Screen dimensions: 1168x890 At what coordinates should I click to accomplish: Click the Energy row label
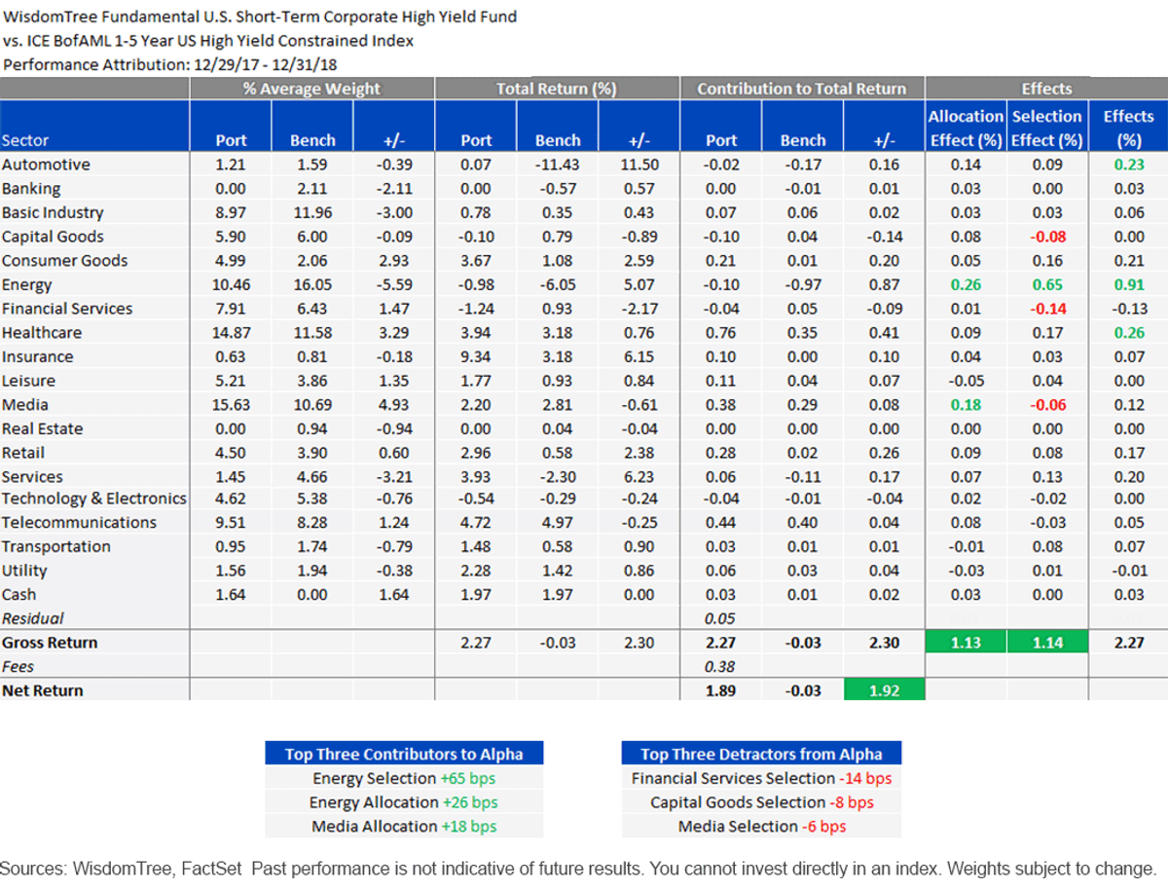26,284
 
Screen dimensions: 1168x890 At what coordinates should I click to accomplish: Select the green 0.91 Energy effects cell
1129,284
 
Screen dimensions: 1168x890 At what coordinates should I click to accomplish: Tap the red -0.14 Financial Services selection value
1047,309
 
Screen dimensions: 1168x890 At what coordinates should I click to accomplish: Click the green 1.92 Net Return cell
885,690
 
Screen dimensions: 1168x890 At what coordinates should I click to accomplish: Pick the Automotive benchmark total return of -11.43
557,165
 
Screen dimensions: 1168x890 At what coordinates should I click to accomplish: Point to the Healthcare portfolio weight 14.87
231,333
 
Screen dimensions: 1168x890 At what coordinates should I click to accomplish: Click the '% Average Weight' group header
311,89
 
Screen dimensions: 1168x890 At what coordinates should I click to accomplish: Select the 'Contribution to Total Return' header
802,89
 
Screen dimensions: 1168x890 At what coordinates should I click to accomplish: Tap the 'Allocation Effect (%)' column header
966,129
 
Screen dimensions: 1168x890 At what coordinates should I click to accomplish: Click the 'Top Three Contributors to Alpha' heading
404,754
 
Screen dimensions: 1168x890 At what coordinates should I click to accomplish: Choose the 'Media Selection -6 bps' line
762,826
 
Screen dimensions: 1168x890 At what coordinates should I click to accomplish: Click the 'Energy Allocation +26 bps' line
404,802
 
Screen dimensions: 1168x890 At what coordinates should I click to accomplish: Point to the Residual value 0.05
720,618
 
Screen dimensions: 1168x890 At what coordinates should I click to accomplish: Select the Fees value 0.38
720,666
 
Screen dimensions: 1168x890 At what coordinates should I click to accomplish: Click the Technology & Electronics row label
94,499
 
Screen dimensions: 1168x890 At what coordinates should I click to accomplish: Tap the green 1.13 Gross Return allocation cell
966,643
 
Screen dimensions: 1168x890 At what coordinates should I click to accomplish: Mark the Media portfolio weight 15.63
231,404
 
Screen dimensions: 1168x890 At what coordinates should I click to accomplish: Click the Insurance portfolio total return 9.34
475,356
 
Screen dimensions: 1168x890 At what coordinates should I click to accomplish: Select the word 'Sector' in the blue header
25,140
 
